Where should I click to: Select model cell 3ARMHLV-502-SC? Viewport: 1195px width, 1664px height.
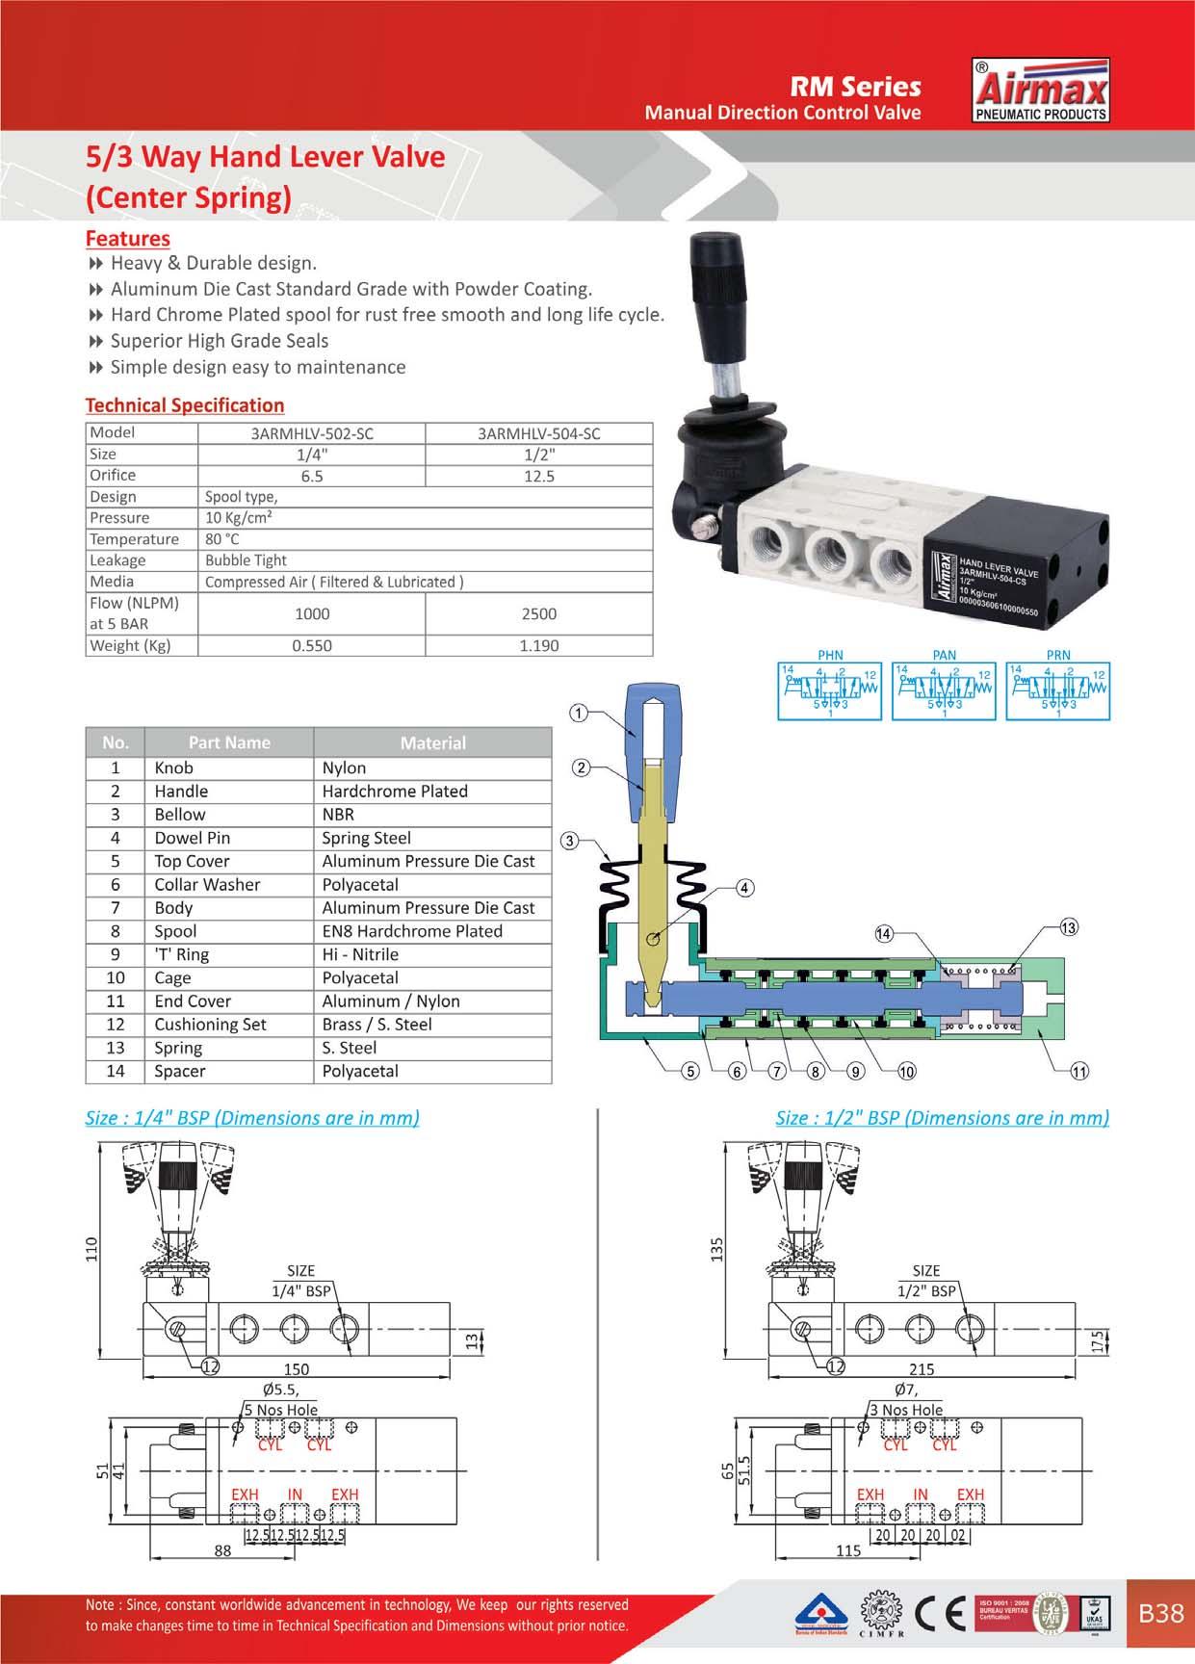click(x=311, y=433)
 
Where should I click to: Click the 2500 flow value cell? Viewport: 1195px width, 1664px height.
click(x=538, y=613)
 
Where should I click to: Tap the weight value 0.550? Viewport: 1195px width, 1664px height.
click(x=311, y=645)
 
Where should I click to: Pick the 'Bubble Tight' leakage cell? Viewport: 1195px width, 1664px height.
click(x=246, y=559)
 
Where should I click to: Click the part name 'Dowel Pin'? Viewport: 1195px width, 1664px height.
click(x=193, y=838)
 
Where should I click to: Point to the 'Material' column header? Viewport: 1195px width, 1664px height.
click(x=432, y=742)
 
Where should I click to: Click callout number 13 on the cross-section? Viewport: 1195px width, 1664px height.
click(x=1068, y=927)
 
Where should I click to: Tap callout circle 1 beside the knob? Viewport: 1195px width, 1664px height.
click(x=579, y=714)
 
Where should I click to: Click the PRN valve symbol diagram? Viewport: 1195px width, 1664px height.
click(x=1057, y=690)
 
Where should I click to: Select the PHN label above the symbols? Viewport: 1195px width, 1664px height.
click(x=829, y=655)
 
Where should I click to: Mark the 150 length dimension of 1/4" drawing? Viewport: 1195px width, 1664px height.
click(x=296, y=1369)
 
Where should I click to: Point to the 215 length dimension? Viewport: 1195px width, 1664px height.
click(x=922, y=1369)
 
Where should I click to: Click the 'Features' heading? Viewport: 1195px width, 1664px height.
click(x=127, y=238)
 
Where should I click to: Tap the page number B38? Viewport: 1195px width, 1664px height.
click(x=1160, y=1613)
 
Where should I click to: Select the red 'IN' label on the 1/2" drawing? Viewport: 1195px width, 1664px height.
click(x=920, y=1495)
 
